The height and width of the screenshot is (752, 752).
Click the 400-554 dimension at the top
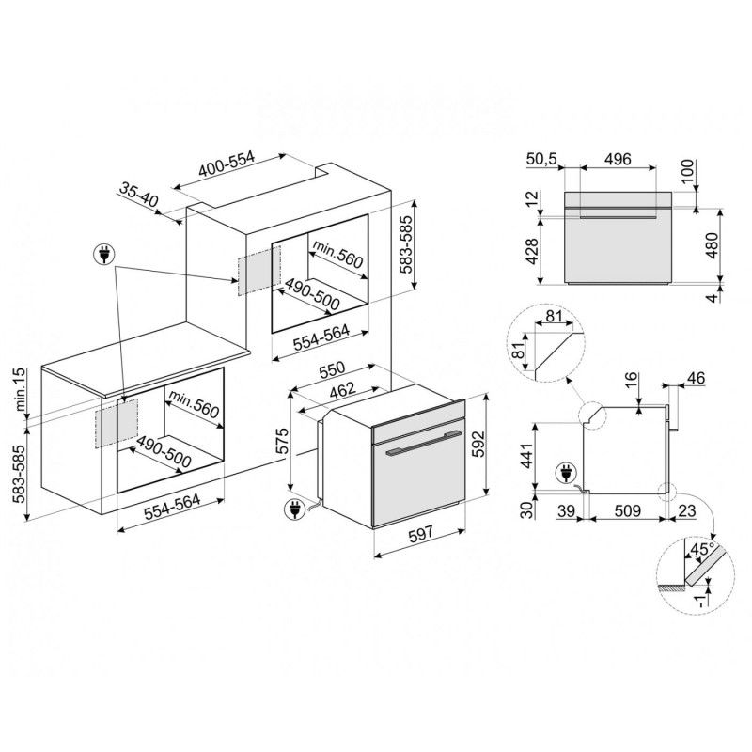tap(227, 166)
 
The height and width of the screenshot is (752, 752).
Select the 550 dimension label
tap(332, 368)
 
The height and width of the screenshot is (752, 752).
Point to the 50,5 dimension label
tap(541, 159)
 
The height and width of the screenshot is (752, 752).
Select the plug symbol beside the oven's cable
tap(293, 509)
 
